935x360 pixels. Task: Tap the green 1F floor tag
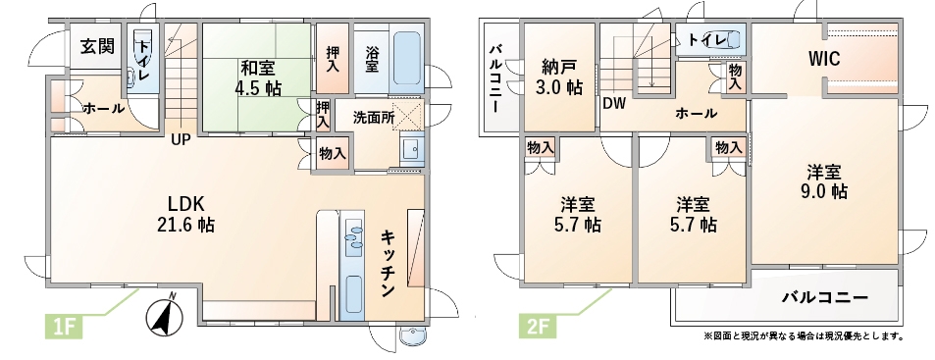[64, 326]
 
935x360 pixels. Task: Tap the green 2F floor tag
[537, 326]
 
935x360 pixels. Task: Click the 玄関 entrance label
[97, 46]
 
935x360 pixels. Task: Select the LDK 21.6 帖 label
[190, 214]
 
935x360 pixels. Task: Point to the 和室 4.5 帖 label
[258, 77]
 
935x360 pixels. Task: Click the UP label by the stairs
[181, 140]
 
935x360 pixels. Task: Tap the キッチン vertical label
[389, 264]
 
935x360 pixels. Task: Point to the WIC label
[824, 59]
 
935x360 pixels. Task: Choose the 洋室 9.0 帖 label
[824, 181]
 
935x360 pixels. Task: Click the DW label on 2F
[613, 104]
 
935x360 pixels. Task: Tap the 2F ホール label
[696, 113]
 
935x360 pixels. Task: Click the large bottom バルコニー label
[825, 296]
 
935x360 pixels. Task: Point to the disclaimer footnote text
[804, 336]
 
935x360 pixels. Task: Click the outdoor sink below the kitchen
[411, 337]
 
